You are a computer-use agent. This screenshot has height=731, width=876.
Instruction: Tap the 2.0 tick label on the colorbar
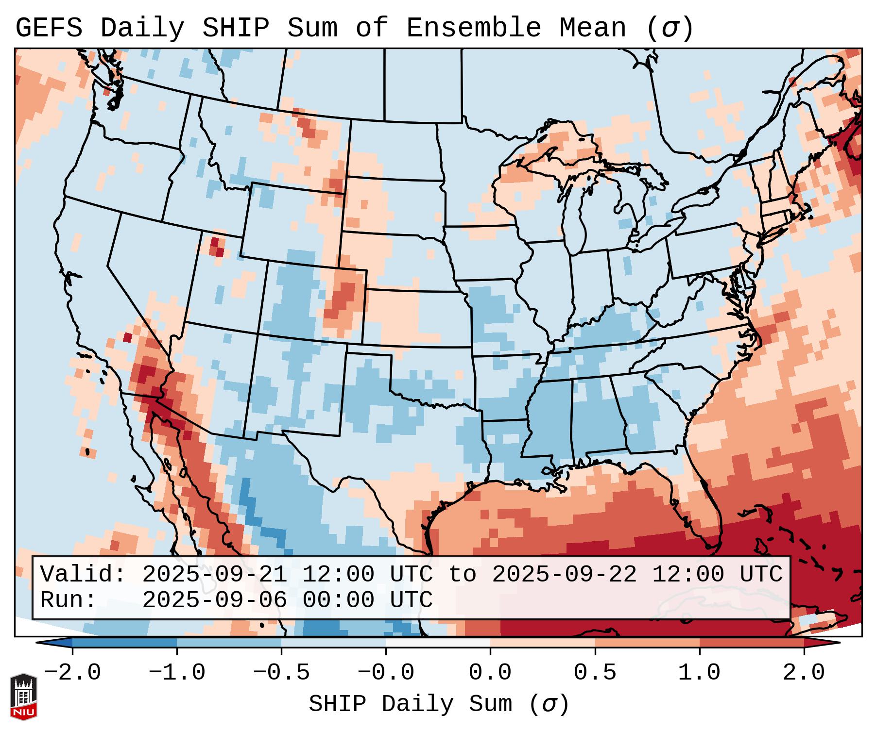804,673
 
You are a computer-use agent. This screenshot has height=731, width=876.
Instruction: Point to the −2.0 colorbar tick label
72,673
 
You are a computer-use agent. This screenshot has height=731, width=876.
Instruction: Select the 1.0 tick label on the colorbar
699,673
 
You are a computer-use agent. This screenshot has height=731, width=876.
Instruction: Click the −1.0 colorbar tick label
177,673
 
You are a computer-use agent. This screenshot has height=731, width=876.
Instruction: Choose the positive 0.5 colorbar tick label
595,673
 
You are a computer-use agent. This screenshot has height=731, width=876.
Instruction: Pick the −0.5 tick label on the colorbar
281,673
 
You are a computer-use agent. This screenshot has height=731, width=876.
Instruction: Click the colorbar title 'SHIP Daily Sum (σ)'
438,704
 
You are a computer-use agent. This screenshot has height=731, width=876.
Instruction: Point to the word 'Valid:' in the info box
83,574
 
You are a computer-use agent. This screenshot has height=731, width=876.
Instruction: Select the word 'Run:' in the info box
69,600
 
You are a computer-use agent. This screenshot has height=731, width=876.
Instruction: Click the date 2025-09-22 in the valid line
564,574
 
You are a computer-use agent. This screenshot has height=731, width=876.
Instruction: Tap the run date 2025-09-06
214,600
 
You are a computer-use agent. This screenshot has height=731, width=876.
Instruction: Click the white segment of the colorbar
438,643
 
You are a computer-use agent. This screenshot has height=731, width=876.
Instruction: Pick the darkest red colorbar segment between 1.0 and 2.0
751,643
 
